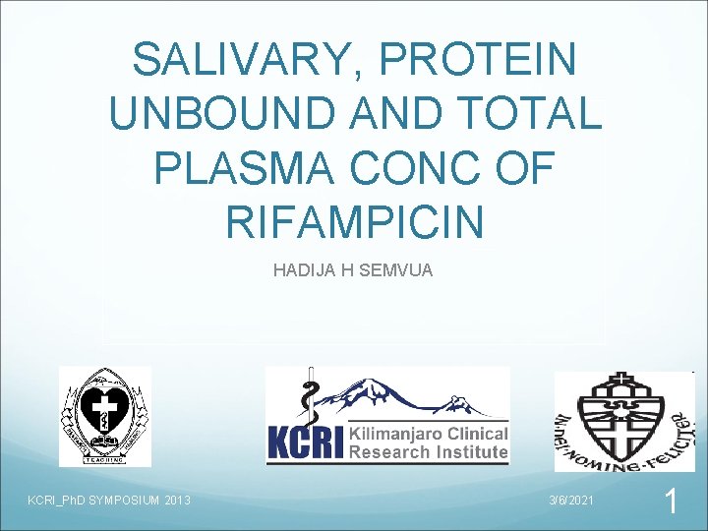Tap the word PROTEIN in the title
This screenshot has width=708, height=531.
(480, 61)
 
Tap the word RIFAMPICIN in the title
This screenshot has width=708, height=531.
(354, 222)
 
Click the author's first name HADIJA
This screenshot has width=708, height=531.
(305, 269)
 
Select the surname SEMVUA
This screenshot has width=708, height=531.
(395, 269)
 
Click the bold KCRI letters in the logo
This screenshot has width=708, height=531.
(306, 443)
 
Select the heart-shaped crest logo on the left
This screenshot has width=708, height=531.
(104, 417)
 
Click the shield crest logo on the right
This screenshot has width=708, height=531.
(622, 421)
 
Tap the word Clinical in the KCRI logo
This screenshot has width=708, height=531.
(477, 434)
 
